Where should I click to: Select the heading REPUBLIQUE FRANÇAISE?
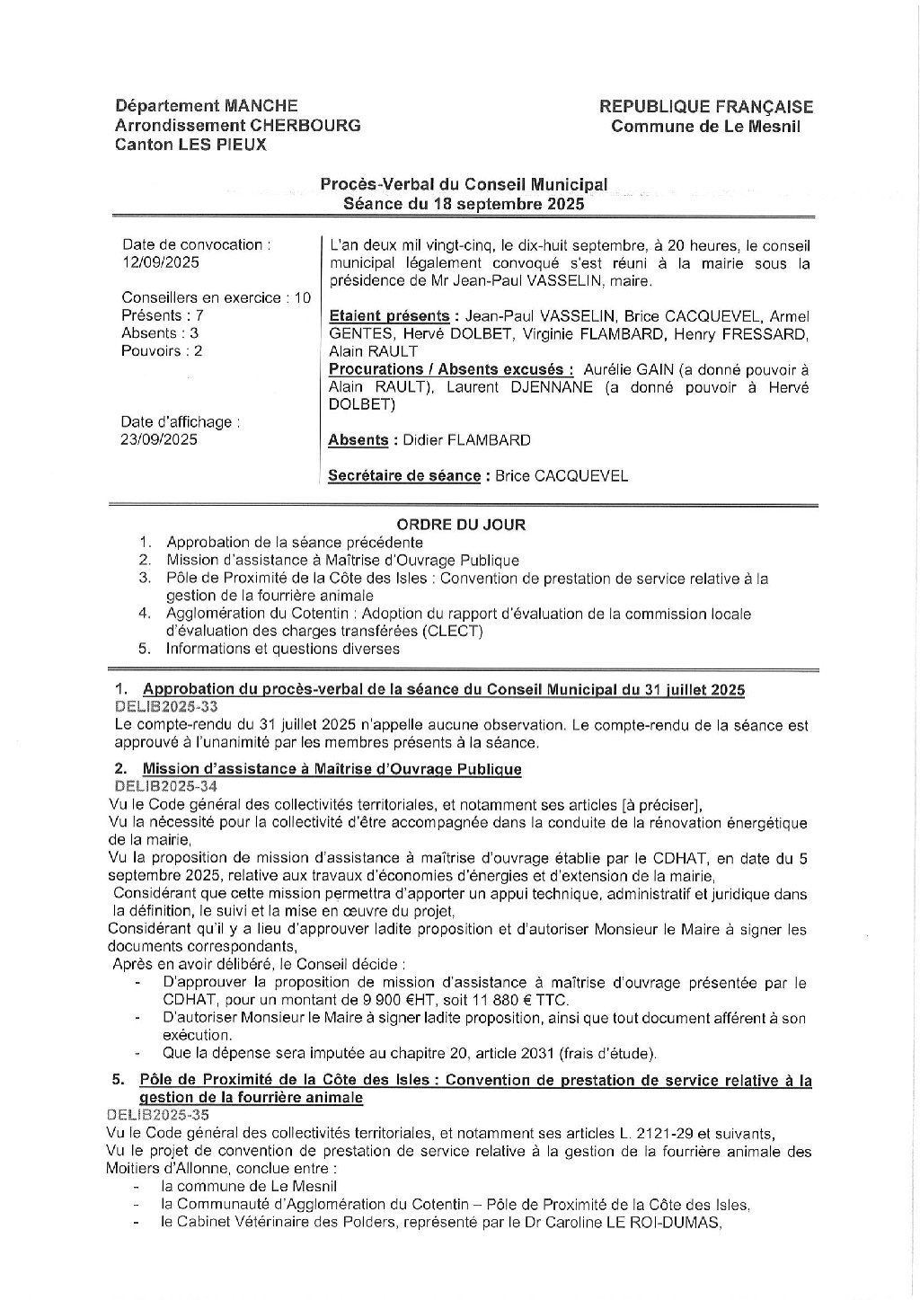(706, 107)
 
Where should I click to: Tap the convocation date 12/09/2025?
(161, 262)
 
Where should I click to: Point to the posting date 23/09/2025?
(160, 439)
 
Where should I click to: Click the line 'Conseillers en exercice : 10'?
(216, 297)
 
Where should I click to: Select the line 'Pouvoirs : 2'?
(162, 350)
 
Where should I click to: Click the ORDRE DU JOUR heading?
(462, 525)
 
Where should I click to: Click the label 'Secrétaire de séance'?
(404, 476)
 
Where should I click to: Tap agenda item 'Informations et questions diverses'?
(283, 649)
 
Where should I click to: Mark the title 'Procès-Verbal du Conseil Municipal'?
(464, 184)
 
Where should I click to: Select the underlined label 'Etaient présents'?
(389, 316)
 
